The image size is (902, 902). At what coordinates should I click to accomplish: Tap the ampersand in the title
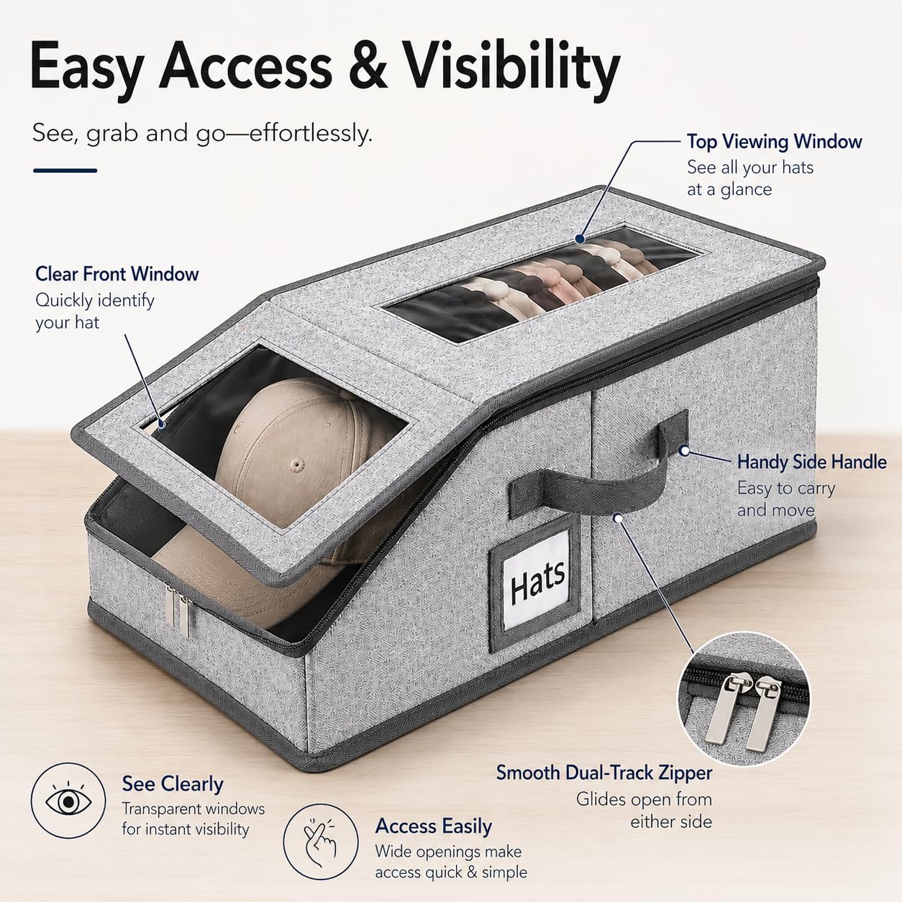[x=361, y=65]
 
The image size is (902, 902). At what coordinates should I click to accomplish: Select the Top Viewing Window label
[x=774, y=142]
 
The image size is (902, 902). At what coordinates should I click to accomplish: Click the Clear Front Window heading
[x=117, y=274]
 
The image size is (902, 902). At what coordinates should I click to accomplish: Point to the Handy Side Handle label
[x=811, y=462]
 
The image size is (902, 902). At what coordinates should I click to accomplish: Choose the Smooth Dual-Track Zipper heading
[x=603, y=773]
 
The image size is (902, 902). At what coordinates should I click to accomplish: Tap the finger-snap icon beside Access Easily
[x=321, y=844]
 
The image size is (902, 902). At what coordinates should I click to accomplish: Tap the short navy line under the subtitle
[x=65, y=171]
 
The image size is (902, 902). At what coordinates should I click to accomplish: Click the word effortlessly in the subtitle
[x=311, y=133]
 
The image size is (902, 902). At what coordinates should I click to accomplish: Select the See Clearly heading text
[x=172, y=784]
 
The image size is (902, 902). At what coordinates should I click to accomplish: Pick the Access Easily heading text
[x=434, y=826]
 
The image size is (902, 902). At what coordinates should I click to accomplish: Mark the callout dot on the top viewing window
[x=580, y=239]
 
